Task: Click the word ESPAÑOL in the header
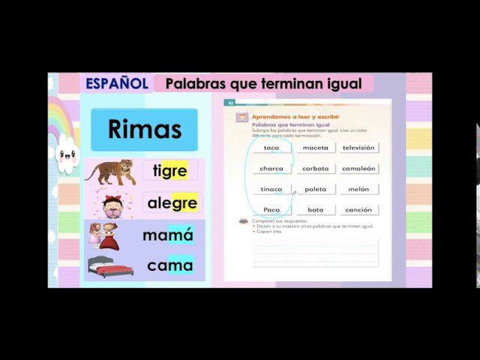pos(116,83)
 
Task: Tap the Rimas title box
pos(145,129)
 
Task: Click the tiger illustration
pos(110,171)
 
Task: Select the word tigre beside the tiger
pos(169,170)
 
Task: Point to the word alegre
pos(172,202)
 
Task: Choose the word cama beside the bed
pos(169,265)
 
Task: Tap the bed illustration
pos(110,266)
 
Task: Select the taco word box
pos(271,148)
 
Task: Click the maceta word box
pos(315,148)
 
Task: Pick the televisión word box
pos(358,148)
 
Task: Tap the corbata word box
pos(315,169)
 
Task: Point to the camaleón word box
pos(358,169)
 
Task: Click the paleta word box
pos(315,190)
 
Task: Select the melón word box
pos(358,190)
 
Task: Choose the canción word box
pos(358,210)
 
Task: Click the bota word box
pos(315,210)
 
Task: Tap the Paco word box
pos(271,210)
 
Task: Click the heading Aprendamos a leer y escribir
pos(295,117)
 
